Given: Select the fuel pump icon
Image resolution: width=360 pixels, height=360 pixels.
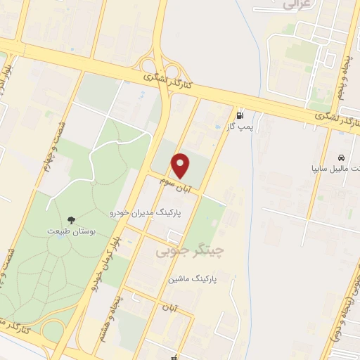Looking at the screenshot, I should click(x=240, y=115).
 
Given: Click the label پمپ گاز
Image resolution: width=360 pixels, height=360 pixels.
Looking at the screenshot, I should click(x=243, y=127).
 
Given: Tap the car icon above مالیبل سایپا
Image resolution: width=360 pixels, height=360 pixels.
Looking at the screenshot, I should click(x=340, y=157).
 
